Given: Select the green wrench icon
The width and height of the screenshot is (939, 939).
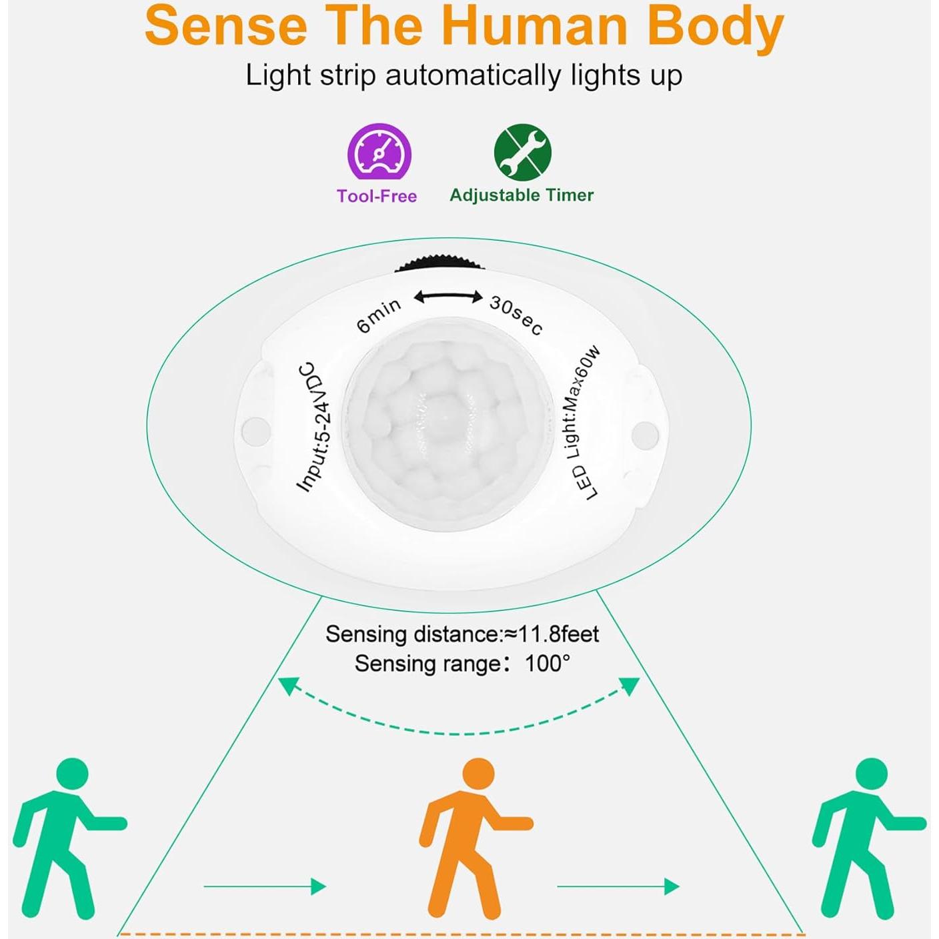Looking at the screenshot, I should tap(522, 152).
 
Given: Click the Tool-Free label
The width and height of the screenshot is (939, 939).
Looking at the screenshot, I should tap(377, 196).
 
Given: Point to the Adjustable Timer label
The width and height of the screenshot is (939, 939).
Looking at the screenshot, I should tap(522, 195).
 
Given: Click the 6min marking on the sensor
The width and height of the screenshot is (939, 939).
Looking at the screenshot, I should tap(379, 315).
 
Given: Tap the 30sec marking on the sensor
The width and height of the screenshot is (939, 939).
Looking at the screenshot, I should tap(516, 315).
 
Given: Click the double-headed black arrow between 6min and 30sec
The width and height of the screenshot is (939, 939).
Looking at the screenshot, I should tap(448, 297).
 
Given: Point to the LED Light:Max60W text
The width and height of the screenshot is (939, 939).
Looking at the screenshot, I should tap(582, 423).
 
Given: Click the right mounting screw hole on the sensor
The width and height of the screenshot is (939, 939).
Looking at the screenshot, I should tap(644, 433).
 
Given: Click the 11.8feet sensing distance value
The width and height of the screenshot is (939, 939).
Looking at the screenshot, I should tap(559, 634).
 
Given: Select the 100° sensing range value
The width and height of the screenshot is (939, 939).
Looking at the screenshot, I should tap(547, 664).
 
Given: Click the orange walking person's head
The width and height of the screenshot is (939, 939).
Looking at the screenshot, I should tap(478, 774).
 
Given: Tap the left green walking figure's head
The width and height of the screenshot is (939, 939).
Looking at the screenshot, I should tap(72, 774).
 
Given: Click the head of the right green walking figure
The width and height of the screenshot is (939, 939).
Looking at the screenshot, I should tap(871, 774).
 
